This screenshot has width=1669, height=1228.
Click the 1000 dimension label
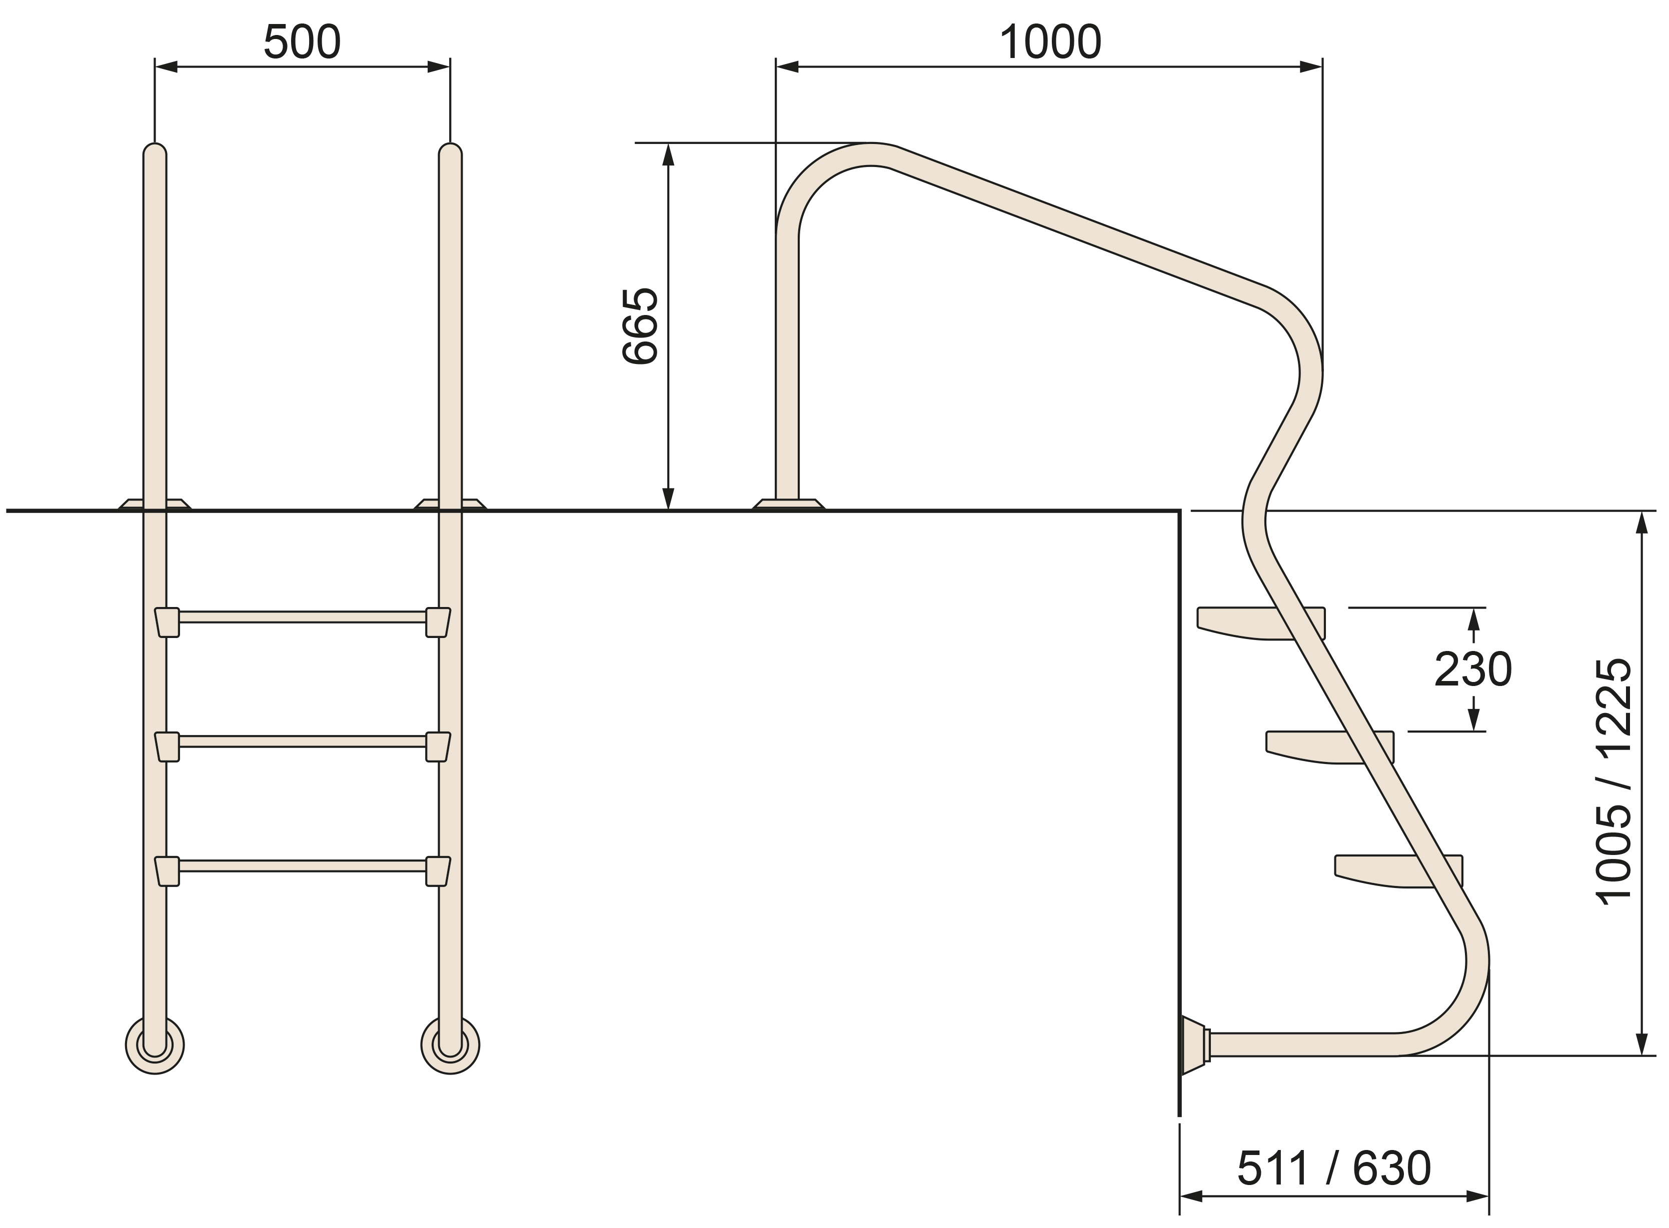pos(1050,42)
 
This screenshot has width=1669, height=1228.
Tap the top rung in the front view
pos(303,617)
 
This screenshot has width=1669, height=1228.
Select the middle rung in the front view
pos(303,741)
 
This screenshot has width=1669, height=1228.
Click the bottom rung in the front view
pos(303,865)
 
